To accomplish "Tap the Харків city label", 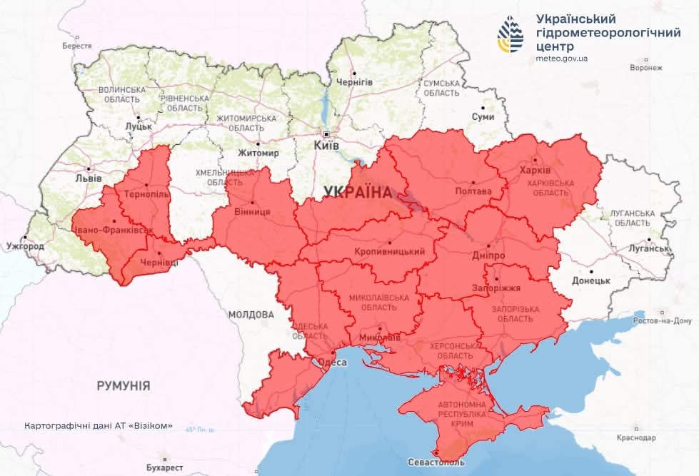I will pos(535,171).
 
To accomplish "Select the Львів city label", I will pos(89,178).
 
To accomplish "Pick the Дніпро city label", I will pos(490,255).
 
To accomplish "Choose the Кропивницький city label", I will pos(389,252).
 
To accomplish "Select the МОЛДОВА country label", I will pos(251,314).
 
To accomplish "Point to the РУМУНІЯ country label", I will pos(123,386).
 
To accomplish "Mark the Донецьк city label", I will pos(591,280).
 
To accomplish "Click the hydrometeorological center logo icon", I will pos(511,35).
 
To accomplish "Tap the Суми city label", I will pos(483,116).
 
